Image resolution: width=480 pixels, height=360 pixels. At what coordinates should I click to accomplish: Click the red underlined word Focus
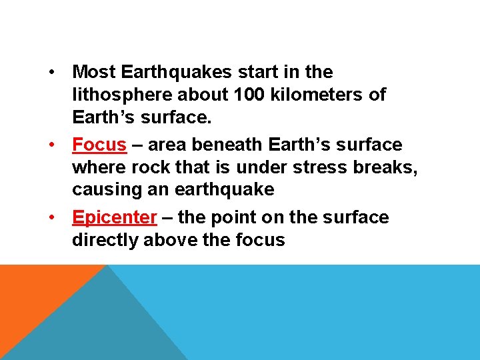tap(99, 145)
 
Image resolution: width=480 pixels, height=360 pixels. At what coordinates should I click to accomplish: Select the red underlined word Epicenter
tap(115, 217)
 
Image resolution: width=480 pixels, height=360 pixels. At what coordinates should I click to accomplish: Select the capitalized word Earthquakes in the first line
tap(171, 71)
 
